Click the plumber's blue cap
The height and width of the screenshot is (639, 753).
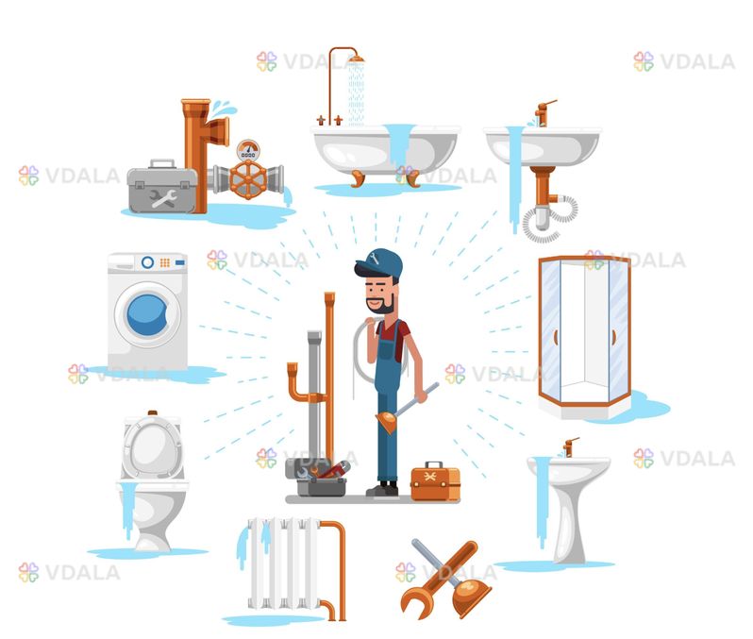379,262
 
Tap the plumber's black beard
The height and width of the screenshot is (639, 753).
383,304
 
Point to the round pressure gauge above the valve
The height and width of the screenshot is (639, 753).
248,150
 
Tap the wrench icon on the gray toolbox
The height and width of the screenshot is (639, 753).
163,197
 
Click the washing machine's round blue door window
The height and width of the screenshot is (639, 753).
147,314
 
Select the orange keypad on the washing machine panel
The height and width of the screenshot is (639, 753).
165,262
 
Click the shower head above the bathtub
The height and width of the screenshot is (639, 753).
357,59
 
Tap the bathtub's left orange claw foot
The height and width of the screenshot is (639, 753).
358,178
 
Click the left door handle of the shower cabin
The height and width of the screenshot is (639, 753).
556,337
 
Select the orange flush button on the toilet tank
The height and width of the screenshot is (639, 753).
153,412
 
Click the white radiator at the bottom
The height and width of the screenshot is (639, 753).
284,563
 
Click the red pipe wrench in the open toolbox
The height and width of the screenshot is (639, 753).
332,469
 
